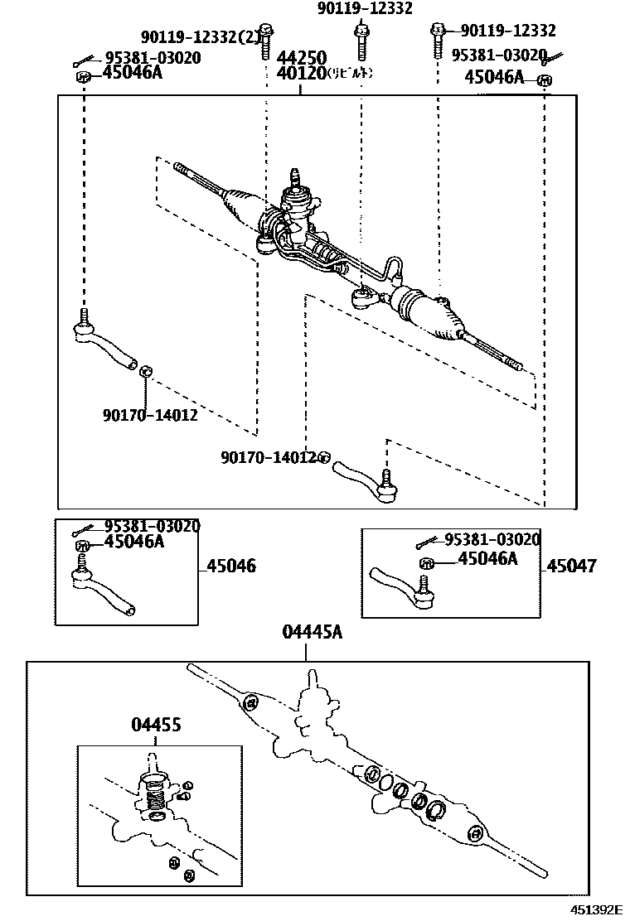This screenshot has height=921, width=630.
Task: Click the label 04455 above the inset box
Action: (156, 726)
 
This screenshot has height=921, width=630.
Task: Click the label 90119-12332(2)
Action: (199, 37)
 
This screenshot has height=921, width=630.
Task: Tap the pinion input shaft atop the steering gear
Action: (293, 179)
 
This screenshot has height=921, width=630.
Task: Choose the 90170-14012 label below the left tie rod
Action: (149, 415)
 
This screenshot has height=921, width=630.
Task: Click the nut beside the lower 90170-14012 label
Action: (325, 457)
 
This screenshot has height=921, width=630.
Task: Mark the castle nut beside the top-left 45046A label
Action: (83, 77)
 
